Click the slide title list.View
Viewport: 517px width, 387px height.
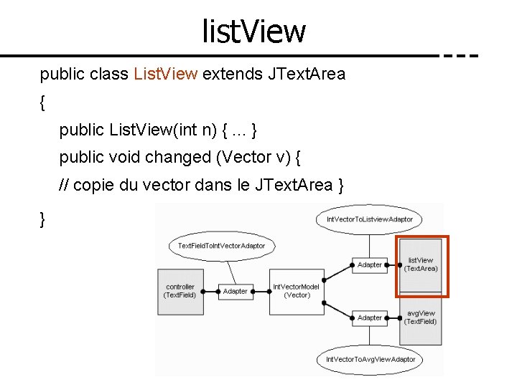(x=254, y=31)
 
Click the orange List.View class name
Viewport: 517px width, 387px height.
(x=165, y=74)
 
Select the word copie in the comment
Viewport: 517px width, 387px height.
(x=93, y=186)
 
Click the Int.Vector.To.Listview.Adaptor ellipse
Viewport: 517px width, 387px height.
(x=369, y=219)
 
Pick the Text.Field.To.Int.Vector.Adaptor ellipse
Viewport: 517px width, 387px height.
(x=221, y=246)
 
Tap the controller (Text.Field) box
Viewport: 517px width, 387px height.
(x=180, y=290)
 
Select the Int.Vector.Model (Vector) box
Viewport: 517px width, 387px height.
(x=296, y=290)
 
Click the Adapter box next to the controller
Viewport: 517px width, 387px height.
(x=236, y=291)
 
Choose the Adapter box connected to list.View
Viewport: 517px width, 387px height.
(x=370, y=264)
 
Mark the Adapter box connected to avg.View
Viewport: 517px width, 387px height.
(x=370, y=317)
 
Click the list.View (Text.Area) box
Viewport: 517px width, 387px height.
(x=421, y=265)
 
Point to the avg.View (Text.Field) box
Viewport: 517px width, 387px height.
(x=421, y=317)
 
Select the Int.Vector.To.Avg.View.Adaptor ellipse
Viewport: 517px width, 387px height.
(x=371, y=359)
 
